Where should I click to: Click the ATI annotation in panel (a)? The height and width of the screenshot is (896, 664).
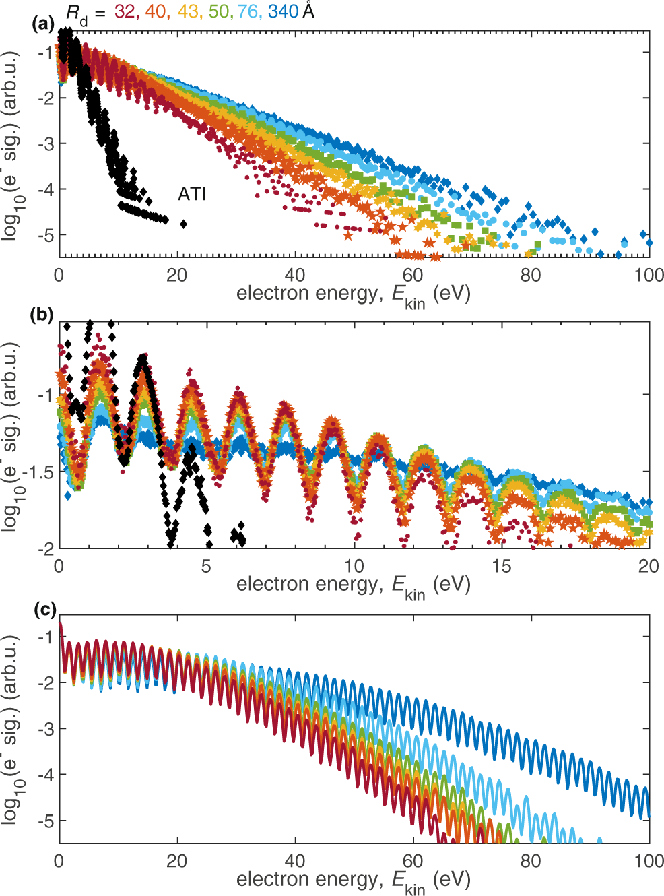192,194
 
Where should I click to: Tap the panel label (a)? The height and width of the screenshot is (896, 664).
43,24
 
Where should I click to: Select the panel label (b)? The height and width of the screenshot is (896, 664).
43,315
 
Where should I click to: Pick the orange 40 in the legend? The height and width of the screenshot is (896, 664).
156,11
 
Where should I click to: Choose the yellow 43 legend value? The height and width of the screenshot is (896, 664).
189,11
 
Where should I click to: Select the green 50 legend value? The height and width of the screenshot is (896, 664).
218,11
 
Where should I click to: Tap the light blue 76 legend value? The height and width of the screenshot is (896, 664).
248,11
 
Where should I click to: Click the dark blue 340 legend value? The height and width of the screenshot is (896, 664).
283,11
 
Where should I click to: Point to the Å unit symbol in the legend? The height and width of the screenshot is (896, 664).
308,11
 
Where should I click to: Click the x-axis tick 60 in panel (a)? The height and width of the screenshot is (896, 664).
413,275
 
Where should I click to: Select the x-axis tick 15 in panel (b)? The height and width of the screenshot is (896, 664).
501,566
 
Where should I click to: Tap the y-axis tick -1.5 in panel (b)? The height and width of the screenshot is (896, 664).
38,472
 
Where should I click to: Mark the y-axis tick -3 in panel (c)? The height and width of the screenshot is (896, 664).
45,729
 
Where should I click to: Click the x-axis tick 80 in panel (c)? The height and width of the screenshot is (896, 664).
531,861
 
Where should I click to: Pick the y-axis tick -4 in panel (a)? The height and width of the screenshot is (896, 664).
45,189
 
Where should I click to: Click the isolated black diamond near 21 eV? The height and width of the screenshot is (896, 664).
183,224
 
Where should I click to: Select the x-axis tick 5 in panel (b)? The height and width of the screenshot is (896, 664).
206,566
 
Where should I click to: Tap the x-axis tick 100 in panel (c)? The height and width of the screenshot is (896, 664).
648,861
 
